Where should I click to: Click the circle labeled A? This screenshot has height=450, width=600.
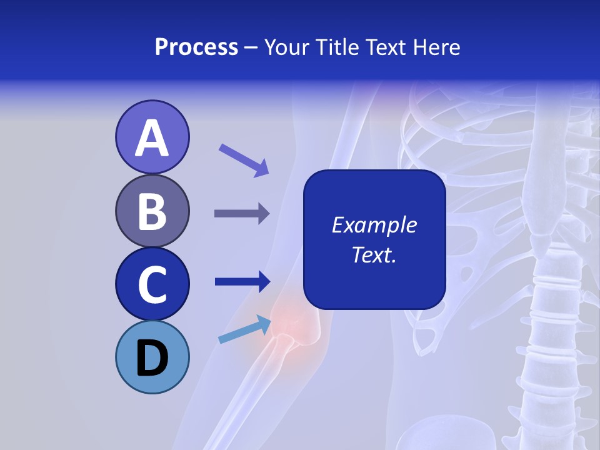coord(152,137)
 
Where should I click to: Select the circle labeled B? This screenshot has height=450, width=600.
coord(152,211)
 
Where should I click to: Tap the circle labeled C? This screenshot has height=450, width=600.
coord(152,284)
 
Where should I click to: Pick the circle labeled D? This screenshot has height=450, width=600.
coord(152,357)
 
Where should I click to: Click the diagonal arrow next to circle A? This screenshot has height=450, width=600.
coord(244,160)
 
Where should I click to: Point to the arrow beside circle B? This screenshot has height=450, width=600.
coord(242,214)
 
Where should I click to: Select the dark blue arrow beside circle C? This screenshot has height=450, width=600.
coord(242,281)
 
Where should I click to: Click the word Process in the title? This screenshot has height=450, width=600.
coord(196,47)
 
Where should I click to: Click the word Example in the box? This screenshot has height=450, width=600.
coord(374,225)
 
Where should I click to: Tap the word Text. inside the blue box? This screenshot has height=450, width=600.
coord(374,254)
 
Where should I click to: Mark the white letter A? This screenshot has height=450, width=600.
coord(152,138)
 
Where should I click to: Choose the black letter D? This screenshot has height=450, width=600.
coord(152,358)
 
